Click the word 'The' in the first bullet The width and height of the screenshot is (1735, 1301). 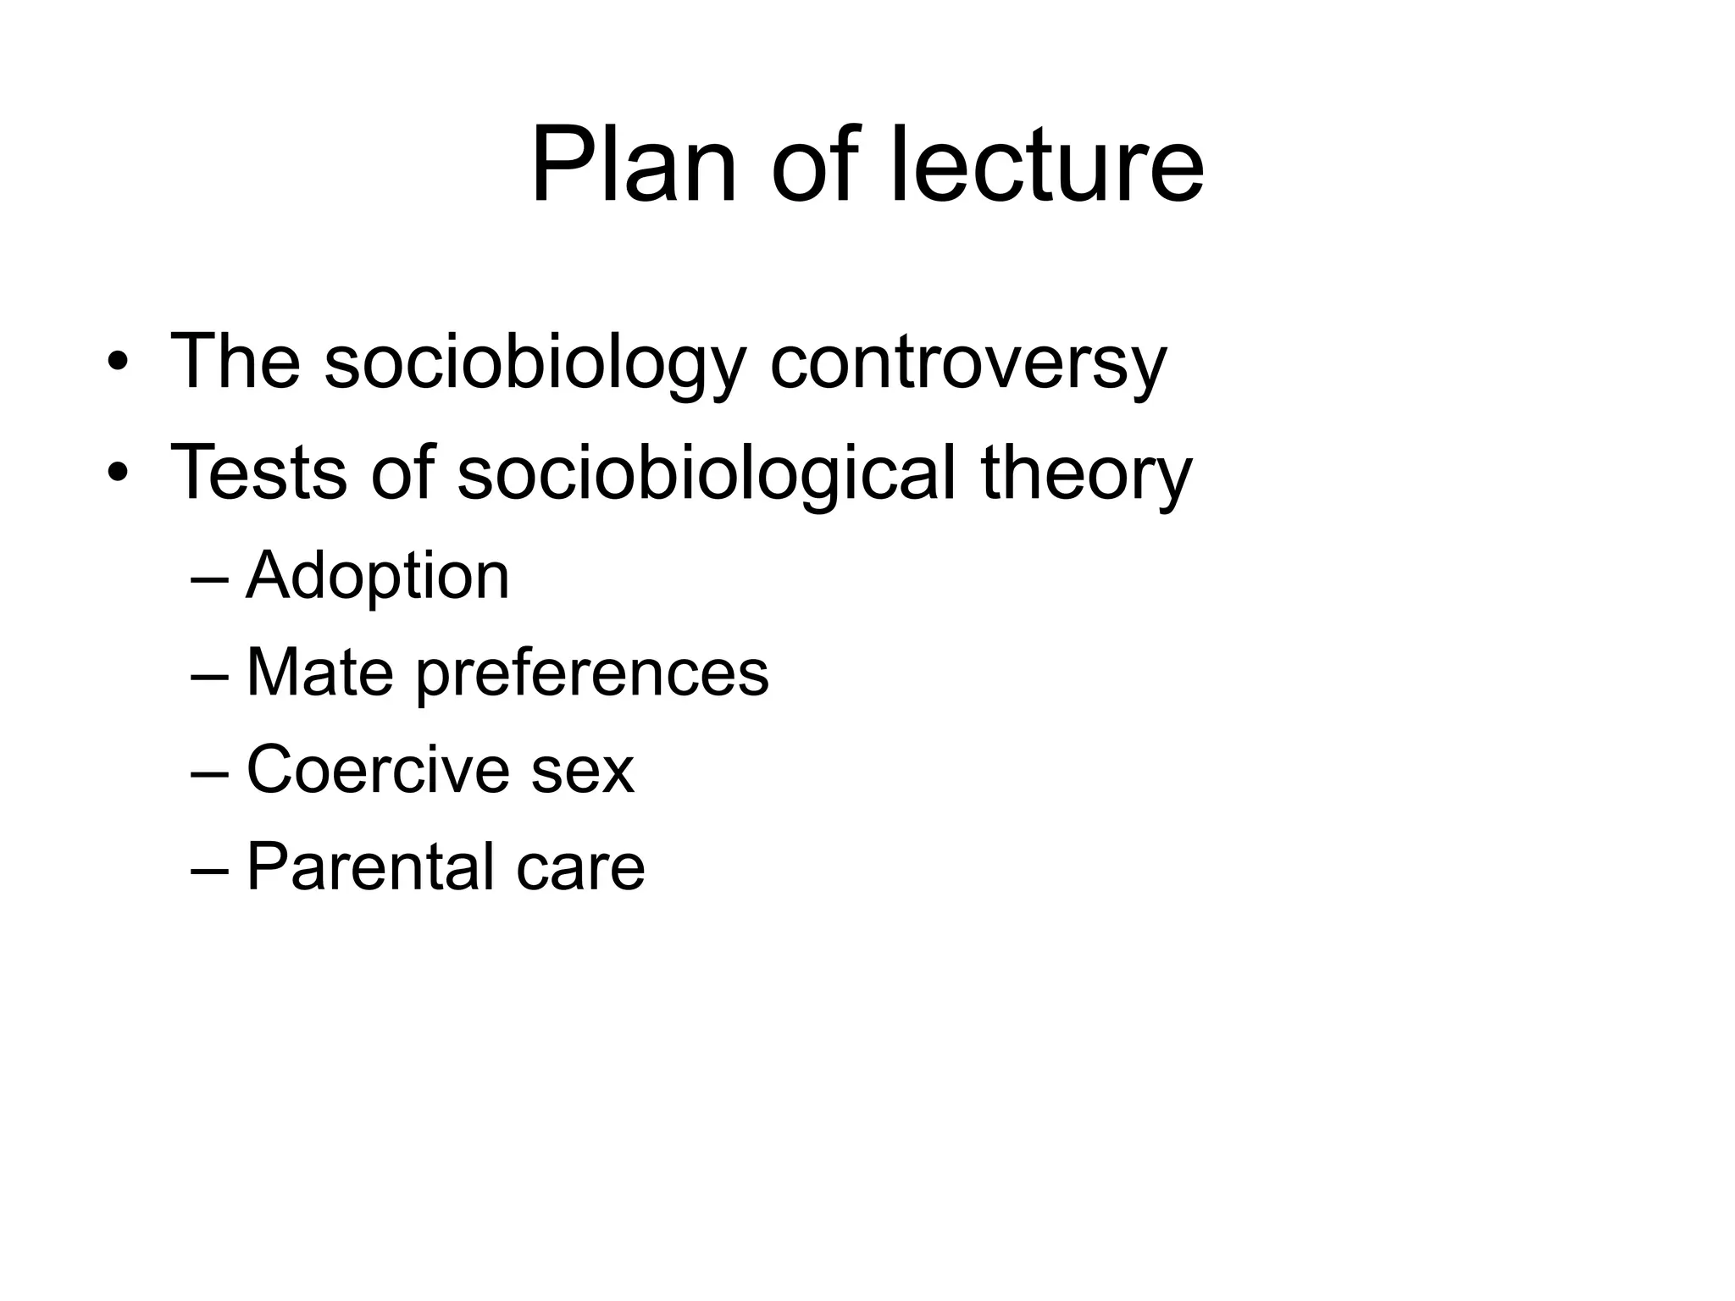pyautogui.click(x=236, y=363)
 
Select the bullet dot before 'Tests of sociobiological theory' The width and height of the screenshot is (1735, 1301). pyautogui.click(x=118, y=473)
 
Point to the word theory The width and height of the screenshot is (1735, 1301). pyautogui.click(x=1086, y=473)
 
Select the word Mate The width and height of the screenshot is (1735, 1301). pyautogui.click(x=319, y=673)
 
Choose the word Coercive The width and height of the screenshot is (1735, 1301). pyautogui.click(x=378, y=770)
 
